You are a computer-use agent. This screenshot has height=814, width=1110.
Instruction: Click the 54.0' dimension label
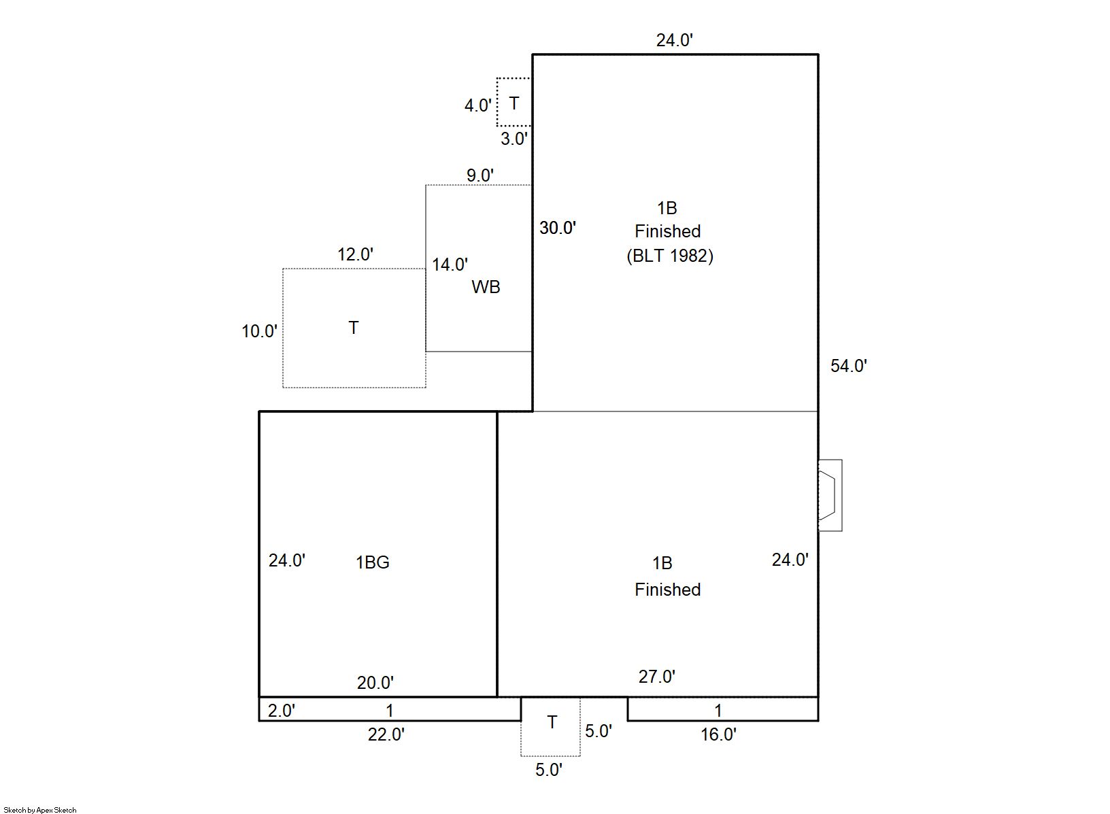(x=848, y=366)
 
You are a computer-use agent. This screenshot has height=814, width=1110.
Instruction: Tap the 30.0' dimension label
(x=558, y=228)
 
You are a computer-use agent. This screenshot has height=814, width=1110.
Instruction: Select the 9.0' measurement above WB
(x=480, y=175)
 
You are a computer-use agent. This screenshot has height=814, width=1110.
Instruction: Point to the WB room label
(x=486, y=287)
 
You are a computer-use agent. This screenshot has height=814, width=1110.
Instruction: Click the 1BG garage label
(x=373, y=562)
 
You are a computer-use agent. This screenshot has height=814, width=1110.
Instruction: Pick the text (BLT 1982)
(x=670, y=256)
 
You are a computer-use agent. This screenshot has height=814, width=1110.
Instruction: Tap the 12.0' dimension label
(x=355, y=254)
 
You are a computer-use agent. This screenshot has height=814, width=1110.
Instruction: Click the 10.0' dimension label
(x=259, y=331)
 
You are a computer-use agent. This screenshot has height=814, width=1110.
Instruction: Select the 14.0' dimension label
(x=450, y=265)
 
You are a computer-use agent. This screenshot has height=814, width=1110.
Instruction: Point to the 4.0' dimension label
(x=477, y=105)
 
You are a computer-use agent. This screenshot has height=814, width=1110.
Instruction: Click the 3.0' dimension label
(x=514, y=139)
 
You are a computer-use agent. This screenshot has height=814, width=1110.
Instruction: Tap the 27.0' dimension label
(x=656, y=677)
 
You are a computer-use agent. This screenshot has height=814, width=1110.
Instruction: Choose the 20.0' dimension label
(x=375, y=683)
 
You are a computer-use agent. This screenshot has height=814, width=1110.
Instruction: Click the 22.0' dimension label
(x=386, y=734)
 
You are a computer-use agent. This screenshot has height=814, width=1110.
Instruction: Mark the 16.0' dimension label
(x=718, y=734)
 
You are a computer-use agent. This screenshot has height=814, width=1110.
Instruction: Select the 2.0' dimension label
(x=282, y=711)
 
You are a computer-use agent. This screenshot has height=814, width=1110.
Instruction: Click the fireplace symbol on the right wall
(x=830, y=496)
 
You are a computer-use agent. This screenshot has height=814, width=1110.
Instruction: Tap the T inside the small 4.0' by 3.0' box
(x=514, y=103)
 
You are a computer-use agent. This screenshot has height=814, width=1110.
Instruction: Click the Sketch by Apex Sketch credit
(x=40, y=810)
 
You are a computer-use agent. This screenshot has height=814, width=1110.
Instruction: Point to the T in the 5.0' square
(x=552, y=722)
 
